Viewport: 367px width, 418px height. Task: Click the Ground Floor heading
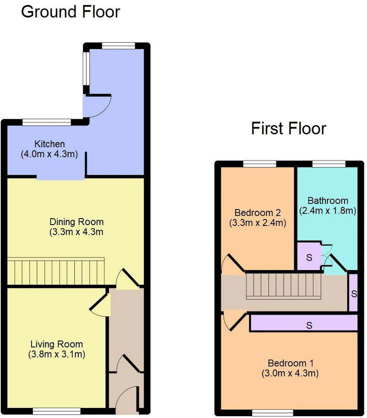71,11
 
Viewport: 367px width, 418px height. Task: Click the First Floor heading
288,128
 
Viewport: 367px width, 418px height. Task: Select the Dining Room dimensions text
76,232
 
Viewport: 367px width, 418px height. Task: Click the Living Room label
56,344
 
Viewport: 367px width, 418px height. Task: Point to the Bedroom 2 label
257,213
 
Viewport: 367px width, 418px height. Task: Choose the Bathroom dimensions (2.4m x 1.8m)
328,211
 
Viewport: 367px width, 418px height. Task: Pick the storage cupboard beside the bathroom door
309,258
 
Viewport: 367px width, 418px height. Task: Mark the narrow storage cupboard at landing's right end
353,292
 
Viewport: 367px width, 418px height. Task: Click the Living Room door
101,304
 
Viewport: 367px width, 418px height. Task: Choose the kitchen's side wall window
86,67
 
